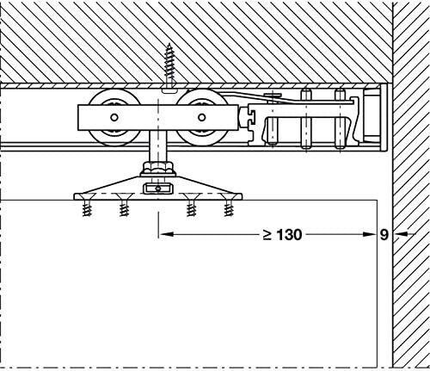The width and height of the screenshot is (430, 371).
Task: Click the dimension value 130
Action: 290,235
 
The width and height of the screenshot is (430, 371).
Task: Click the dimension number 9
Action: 384,235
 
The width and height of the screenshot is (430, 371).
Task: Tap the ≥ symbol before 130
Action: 267,235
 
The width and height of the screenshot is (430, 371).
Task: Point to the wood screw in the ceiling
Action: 169,67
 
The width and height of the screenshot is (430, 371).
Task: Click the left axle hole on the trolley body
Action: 114,117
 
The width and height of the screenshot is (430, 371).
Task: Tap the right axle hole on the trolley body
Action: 202,117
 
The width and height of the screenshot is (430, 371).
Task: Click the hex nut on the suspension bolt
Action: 158,167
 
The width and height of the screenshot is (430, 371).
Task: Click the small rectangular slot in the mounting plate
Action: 158,189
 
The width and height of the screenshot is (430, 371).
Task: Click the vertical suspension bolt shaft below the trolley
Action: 158,146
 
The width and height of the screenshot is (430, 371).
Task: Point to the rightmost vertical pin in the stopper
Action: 340,120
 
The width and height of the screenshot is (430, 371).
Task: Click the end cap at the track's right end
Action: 384,117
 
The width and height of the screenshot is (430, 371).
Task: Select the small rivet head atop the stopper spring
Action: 273,95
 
